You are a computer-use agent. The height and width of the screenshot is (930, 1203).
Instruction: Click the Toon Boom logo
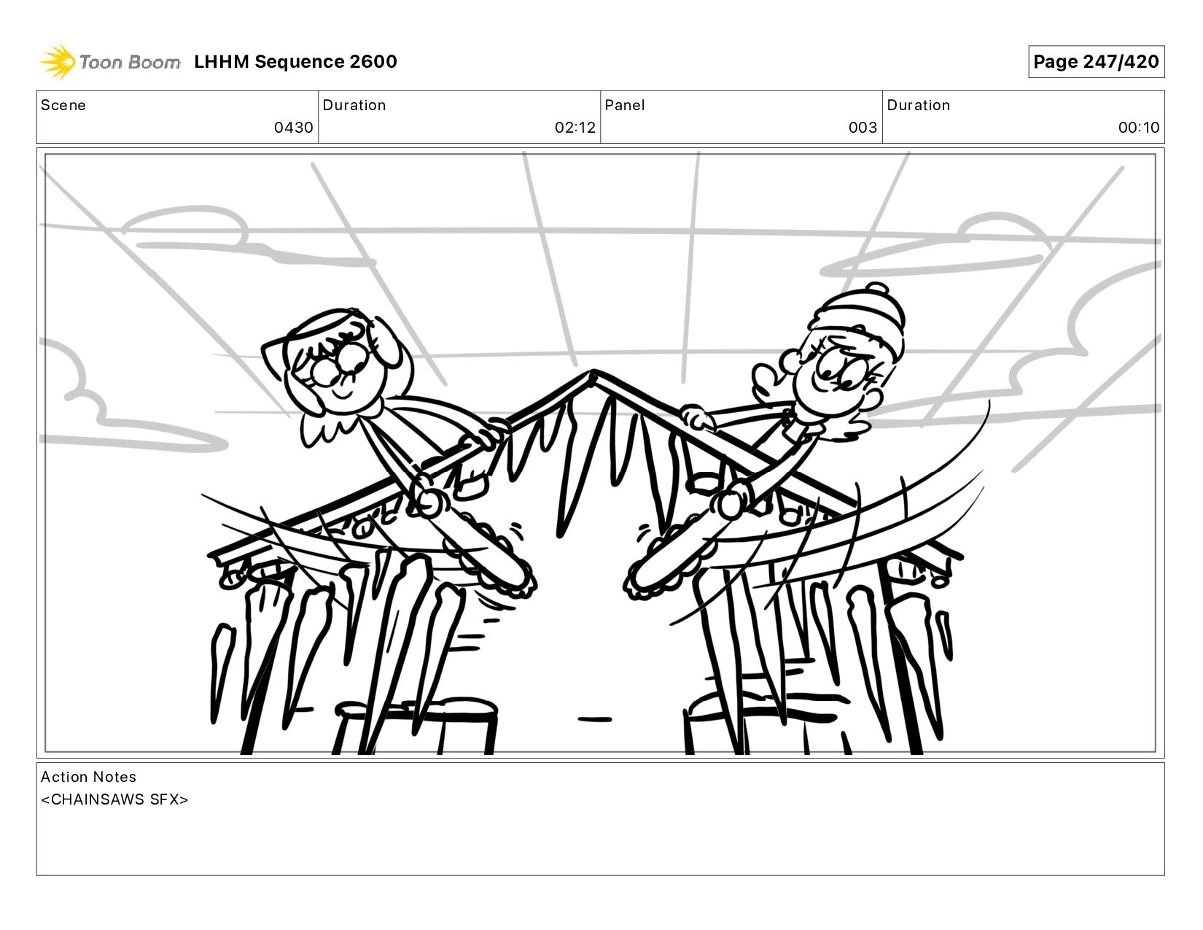[110, 61]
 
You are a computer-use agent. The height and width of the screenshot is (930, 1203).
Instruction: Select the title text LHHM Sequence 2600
[295, 61]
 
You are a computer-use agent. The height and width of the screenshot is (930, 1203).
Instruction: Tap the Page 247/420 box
[1096, 61]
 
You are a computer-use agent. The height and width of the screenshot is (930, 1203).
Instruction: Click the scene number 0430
[293, 128]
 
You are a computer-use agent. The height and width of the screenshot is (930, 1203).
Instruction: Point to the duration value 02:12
[575, 128]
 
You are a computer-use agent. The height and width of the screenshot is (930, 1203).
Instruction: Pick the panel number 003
[863, 128]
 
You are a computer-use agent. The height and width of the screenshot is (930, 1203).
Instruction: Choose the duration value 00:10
[1138, 128]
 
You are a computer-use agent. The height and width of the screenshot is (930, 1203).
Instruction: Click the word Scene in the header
[63, 105]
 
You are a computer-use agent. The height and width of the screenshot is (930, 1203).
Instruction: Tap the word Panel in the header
[625, 105]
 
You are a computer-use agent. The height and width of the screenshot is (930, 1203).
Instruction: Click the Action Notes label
[88, 777]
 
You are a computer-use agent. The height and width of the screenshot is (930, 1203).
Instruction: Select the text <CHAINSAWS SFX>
[114, 799]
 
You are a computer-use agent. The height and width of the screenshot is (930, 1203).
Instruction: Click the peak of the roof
[593, 372]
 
